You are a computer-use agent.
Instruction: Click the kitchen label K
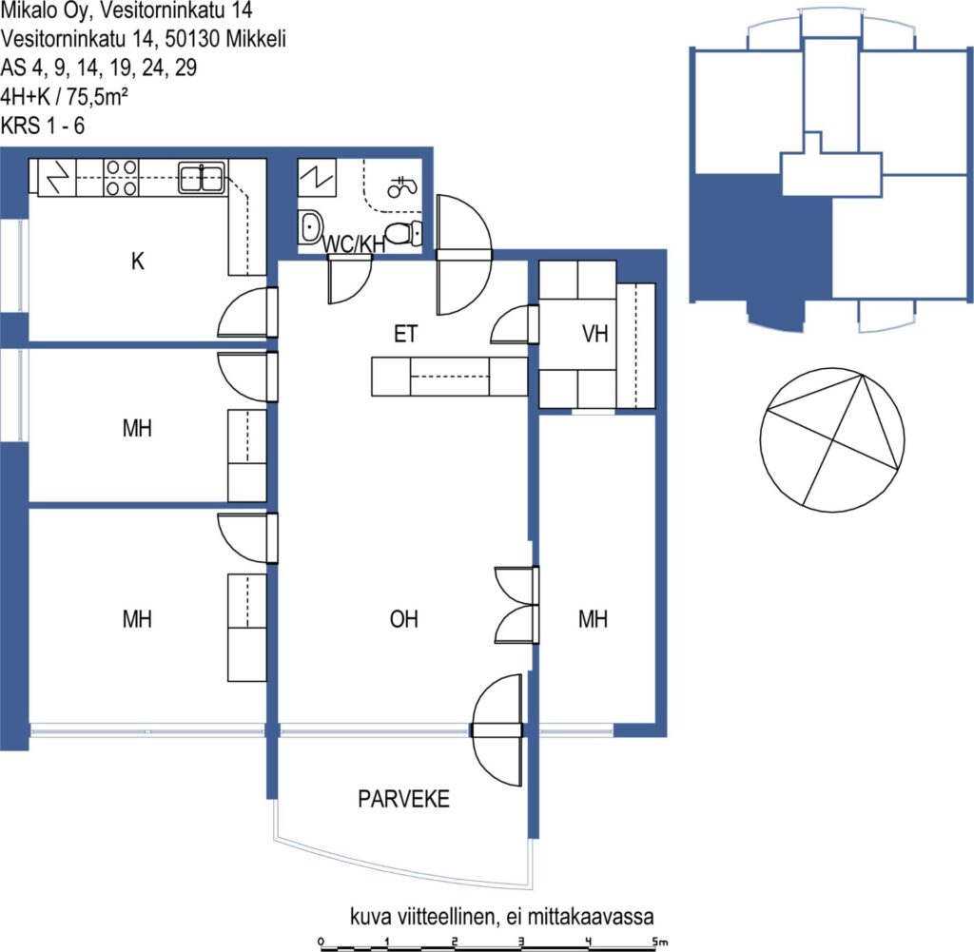[137, 262]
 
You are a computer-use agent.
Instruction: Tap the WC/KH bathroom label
[354, 244]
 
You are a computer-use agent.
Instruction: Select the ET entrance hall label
[405, 334]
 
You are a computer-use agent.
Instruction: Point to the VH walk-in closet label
[594, 334]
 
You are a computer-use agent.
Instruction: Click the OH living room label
[403, 618]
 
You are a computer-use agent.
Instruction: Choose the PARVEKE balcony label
[403, 799]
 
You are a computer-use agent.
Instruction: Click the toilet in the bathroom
[403, 233]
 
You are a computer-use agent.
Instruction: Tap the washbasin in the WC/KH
[311, 227]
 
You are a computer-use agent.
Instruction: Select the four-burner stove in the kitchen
[121, 178]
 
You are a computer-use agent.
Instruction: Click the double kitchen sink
[202, 178]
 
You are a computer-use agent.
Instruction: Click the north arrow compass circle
[832, 439]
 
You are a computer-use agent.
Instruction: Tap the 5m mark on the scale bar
[660, 942]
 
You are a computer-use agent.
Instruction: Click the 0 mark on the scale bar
[321, 942]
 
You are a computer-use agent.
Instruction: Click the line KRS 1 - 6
[42, 126]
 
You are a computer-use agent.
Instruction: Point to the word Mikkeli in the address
[256, 39]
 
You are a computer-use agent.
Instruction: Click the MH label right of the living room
[593, 618]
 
